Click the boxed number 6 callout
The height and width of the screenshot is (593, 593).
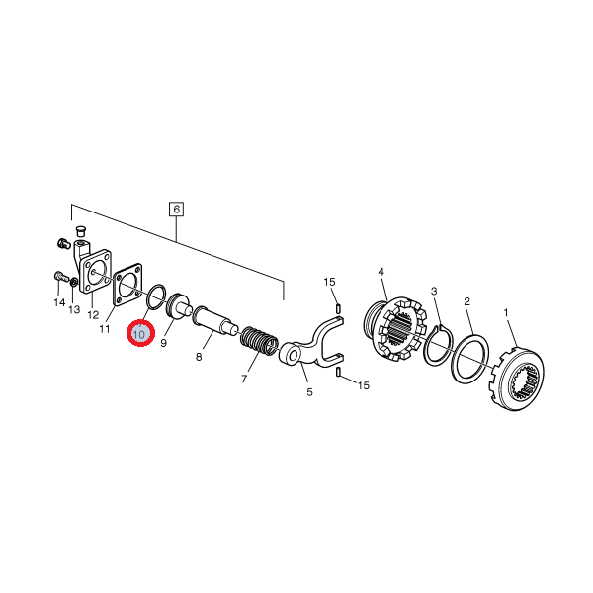(x=176, y=210)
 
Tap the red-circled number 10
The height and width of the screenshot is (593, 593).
(x=140, y=334)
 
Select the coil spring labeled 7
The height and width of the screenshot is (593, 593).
(x=260, y=341)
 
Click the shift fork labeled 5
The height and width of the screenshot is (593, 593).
(x=313, y=343)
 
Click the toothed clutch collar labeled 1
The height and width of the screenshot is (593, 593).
(x=517, y=379)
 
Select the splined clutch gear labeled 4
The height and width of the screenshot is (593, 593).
(x=395, y=328)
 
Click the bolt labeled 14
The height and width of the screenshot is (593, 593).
(x=61, y=277)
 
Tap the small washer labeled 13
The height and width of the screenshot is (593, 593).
(x=74, y=282)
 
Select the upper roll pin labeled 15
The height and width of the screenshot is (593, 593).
(x=338, y=309)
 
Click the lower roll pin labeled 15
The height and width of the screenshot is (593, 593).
(x=338, y=373)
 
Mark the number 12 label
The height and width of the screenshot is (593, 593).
(x=93, y=314)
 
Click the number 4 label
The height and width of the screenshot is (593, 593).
(x=381, y=272)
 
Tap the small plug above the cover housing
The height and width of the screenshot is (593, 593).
(x=79, y=230)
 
